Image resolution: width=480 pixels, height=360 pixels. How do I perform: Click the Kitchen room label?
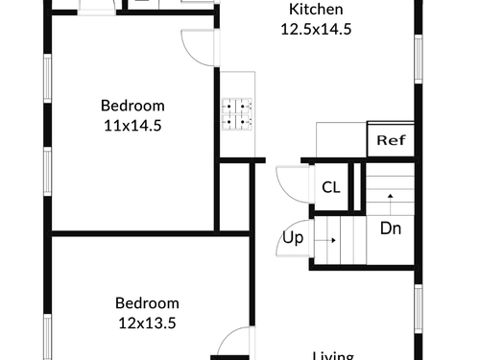coord(316,10)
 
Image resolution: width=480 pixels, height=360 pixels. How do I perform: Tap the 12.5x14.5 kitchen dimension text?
coord(316,29)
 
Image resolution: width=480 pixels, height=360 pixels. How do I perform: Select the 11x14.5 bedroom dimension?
coord(132,126)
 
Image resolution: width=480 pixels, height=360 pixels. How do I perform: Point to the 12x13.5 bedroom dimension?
coord(147,323)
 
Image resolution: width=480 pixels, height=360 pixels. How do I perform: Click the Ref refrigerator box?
coord(391,139)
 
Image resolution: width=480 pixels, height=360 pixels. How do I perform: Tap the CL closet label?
coord(331,187)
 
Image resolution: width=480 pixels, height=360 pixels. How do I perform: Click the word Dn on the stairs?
coord(391,228)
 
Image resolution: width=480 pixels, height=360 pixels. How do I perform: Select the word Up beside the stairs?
coord(293,238)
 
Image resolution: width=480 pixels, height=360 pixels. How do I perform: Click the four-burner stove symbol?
coord(237,114)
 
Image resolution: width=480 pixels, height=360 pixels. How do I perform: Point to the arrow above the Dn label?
coord(391,204)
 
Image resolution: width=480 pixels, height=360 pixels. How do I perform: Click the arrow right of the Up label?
coord(325,240)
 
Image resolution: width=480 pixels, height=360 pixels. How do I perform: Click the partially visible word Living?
coord(333,356)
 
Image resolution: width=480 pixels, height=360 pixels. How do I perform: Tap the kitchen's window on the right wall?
coord(419,60)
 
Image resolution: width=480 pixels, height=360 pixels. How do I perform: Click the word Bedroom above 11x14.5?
coord(132,106)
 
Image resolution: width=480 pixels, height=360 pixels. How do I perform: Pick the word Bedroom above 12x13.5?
coord(147,303)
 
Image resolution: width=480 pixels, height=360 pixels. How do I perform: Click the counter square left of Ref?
coord(342,139)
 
